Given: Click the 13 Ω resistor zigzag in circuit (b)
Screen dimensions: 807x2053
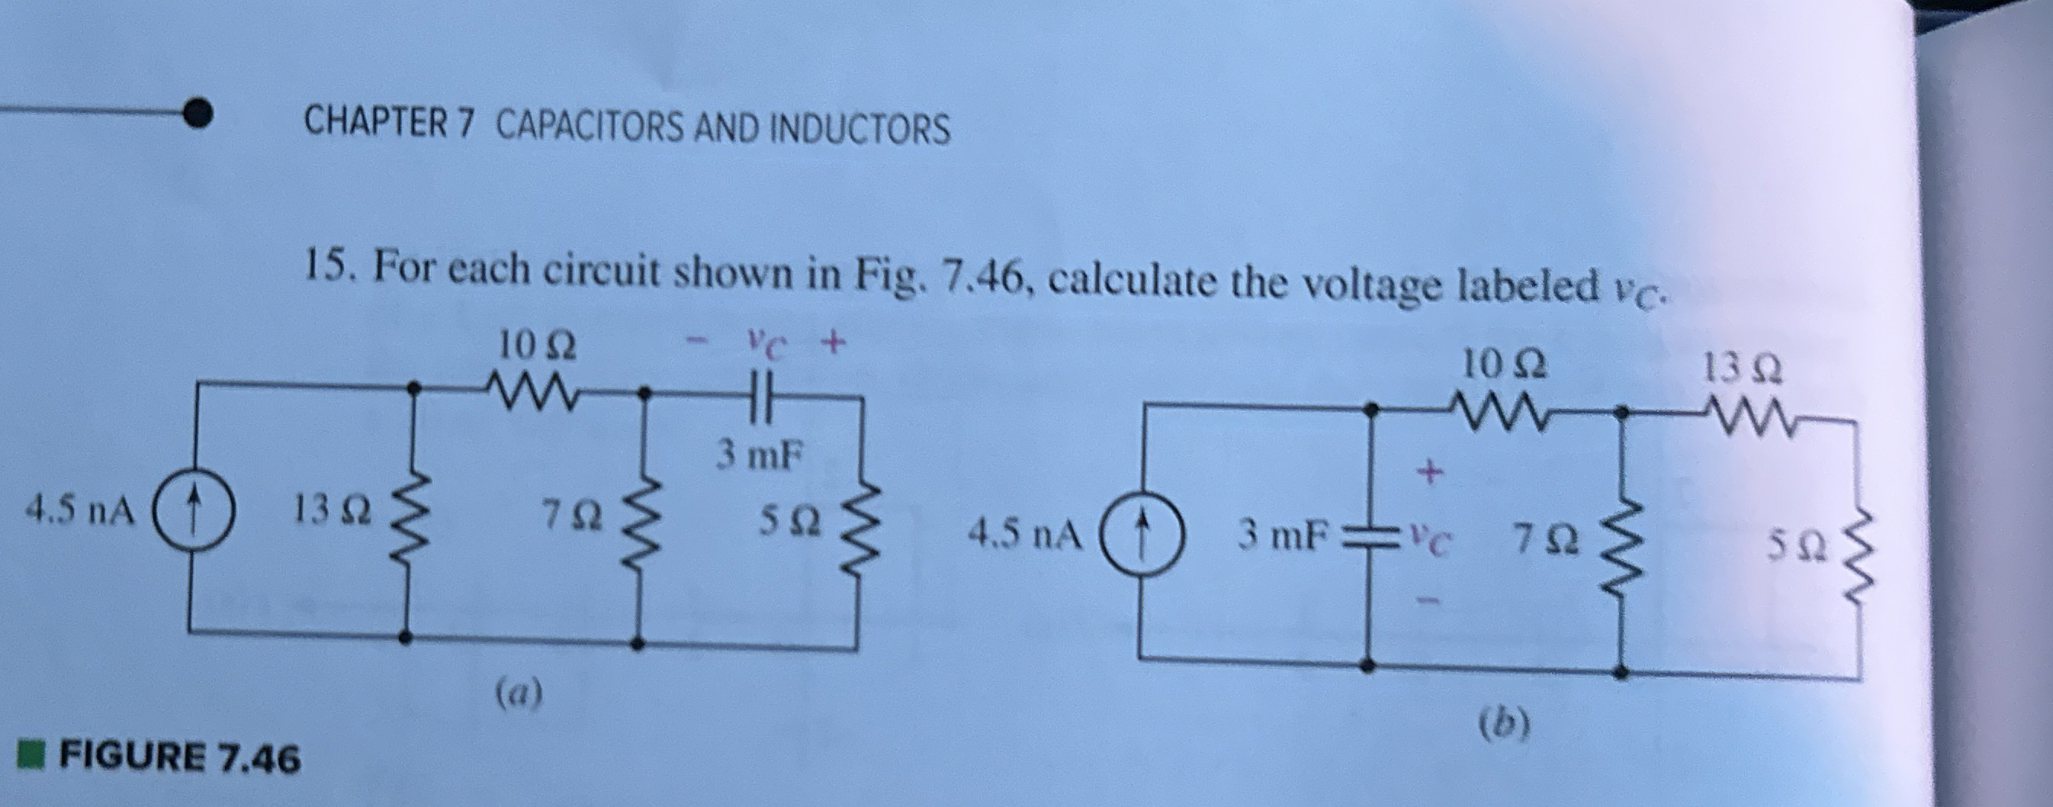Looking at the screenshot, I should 1742,417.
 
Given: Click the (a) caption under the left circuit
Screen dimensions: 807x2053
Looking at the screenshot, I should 519,692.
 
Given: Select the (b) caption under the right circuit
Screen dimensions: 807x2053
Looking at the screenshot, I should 1504,724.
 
